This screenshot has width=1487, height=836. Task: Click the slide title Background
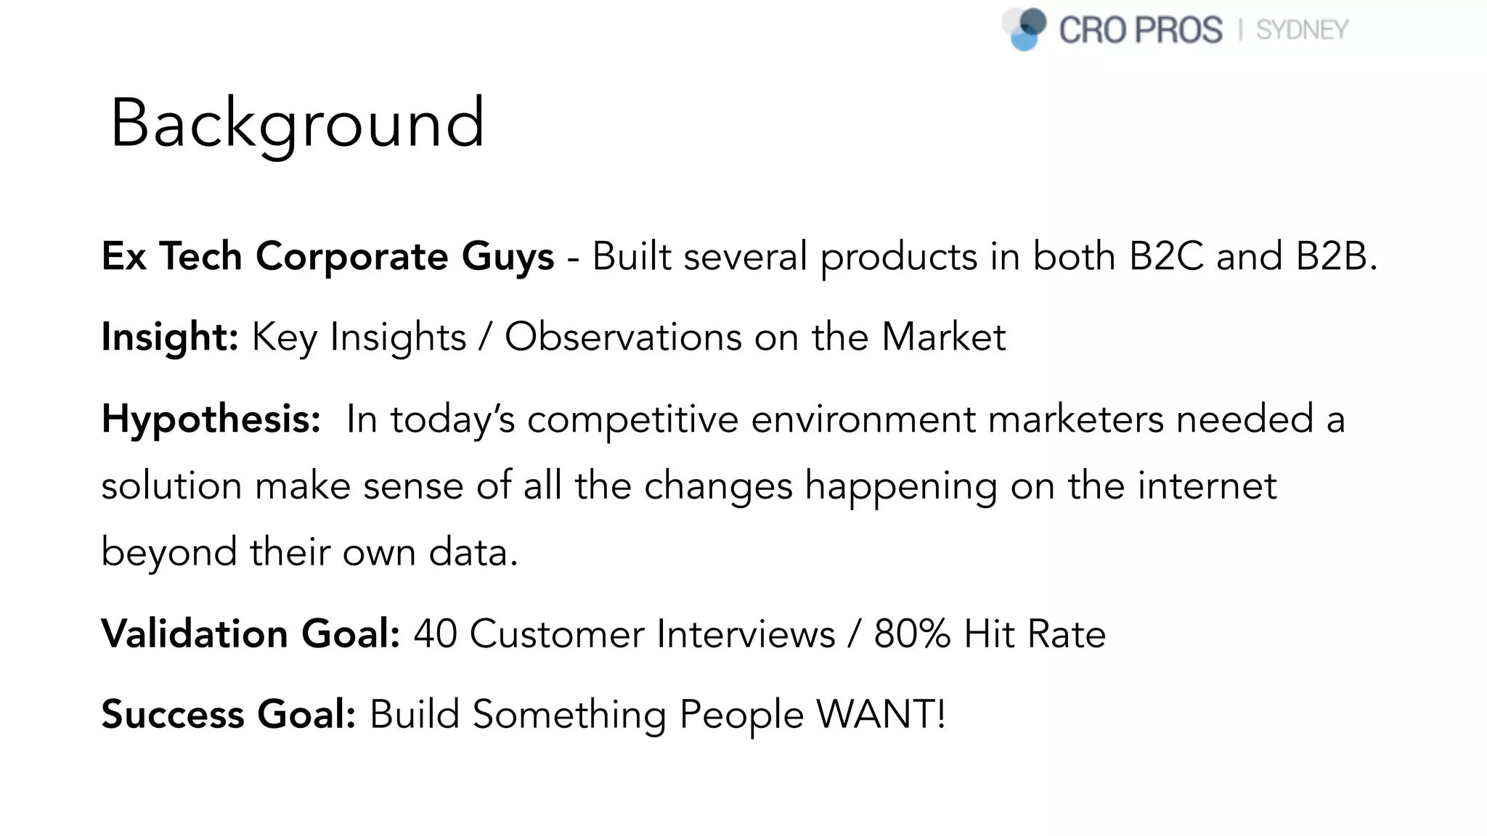click(x=297, y=123)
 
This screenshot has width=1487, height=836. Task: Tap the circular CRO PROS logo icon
click(x=1024, y=29)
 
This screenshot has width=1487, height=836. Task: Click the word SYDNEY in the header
click(x=1302, y=30)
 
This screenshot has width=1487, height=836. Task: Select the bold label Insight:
click(x=170, y=337)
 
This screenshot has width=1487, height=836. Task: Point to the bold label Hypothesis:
click(x=211, y=419)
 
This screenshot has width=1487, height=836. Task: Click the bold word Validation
click(x=195, y=634)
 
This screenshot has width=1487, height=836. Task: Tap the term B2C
click(x=1166, y=256)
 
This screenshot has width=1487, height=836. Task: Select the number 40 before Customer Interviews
click(x=435, y=634)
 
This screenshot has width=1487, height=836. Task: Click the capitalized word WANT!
click(x=881, y=714)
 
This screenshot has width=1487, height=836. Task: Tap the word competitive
click(x=632, y=419)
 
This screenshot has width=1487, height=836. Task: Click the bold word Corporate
click(x=352, y=256)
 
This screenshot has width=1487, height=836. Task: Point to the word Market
click(x=943, y=337)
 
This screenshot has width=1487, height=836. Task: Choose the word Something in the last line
click(x=569, y=714)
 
